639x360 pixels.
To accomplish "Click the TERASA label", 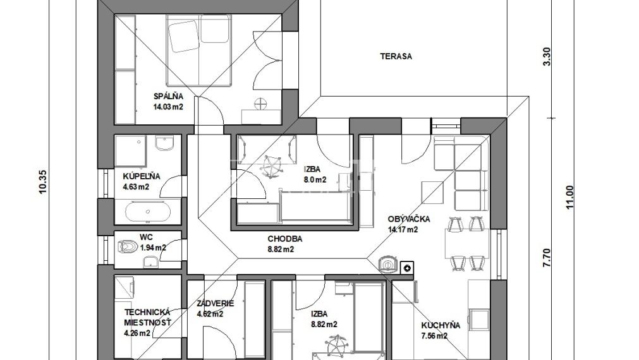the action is (x=396, y=56).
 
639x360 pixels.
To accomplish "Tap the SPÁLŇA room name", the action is (x=168, y=97).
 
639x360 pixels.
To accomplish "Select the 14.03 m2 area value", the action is (x=168, y=107).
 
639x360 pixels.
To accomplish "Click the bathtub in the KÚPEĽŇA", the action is (x=147, y=212).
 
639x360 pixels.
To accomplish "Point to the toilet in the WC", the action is (x=127, y=246).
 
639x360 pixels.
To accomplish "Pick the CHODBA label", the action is (x=285, y=239).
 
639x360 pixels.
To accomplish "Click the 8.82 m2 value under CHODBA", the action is (x=281, y=249).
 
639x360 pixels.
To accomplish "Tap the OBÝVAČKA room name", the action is (x=409, y=219).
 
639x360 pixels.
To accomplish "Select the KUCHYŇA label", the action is (x=441, y=325).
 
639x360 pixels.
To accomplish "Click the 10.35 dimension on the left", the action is (x=43, y=181).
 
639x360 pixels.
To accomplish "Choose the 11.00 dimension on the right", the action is (x=569, y=197).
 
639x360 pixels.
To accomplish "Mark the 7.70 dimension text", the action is (x=547, y=258).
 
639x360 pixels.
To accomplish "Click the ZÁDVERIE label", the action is (x=215, y=303).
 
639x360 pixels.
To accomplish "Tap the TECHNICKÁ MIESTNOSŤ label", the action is (x=147, y=317).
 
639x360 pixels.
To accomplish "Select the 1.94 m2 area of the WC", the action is (x=153, y=247).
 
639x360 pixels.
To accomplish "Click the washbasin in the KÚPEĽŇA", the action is (x=164, y=143).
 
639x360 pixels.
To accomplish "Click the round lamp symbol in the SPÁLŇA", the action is (x=260, y=104).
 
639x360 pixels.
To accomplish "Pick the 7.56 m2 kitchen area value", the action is (x=434, y=336).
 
